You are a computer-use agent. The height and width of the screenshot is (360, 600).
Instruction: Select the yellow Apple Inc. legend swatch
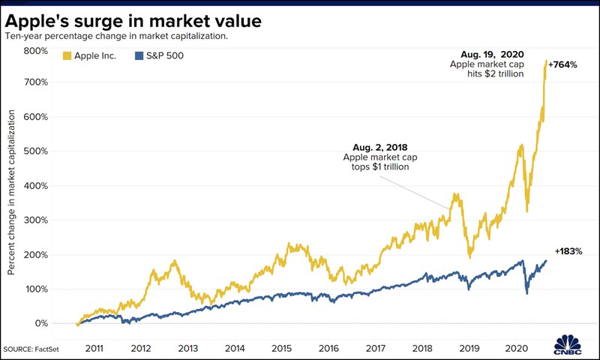pos(67,55)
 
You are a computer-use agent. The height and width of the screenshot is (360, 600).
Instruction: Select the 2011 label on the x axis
pos(95,349)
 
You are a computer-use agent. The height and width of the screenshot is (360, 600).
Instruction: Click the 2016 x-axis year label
pos(328,349)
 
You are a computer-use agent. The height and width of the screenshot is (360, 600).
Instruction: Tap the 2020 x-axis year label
pos(514,349)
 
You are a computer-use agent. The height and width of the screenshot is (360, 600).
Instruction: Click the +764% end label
pos(562,65)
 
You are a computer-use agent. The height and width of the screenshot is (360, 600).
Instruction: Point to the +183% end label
pos(568,251)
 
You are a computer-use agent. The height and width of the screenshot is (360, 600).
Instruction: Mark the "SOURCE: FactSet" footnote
pos(34,349)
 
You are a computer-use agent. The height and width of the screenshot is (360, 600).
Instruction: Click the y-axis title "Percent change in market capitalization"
pos(13,191)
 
